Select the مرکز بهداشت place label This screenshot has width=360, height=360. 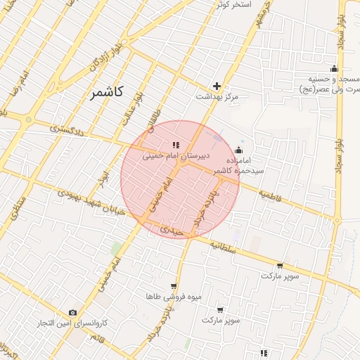coord(218,96)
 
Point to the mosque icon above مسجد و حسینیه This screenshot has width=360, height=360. coord(334,69)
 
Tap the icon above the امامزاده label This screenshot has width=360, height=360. coord(238,150)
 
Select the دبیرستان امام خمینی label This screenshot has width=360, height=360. coord(167,157)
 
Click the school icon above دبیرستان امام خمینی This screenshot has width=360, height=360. coord(176,146)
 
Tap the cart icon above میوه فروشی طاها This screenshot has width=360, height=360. coord(173,286)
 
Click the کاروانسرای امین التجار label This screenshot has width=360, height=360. coord(72,323)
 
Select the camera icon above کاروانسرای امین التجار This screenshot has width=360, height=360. coord(72,312)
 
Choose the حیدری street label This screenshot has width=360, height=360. coord(172,230)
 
